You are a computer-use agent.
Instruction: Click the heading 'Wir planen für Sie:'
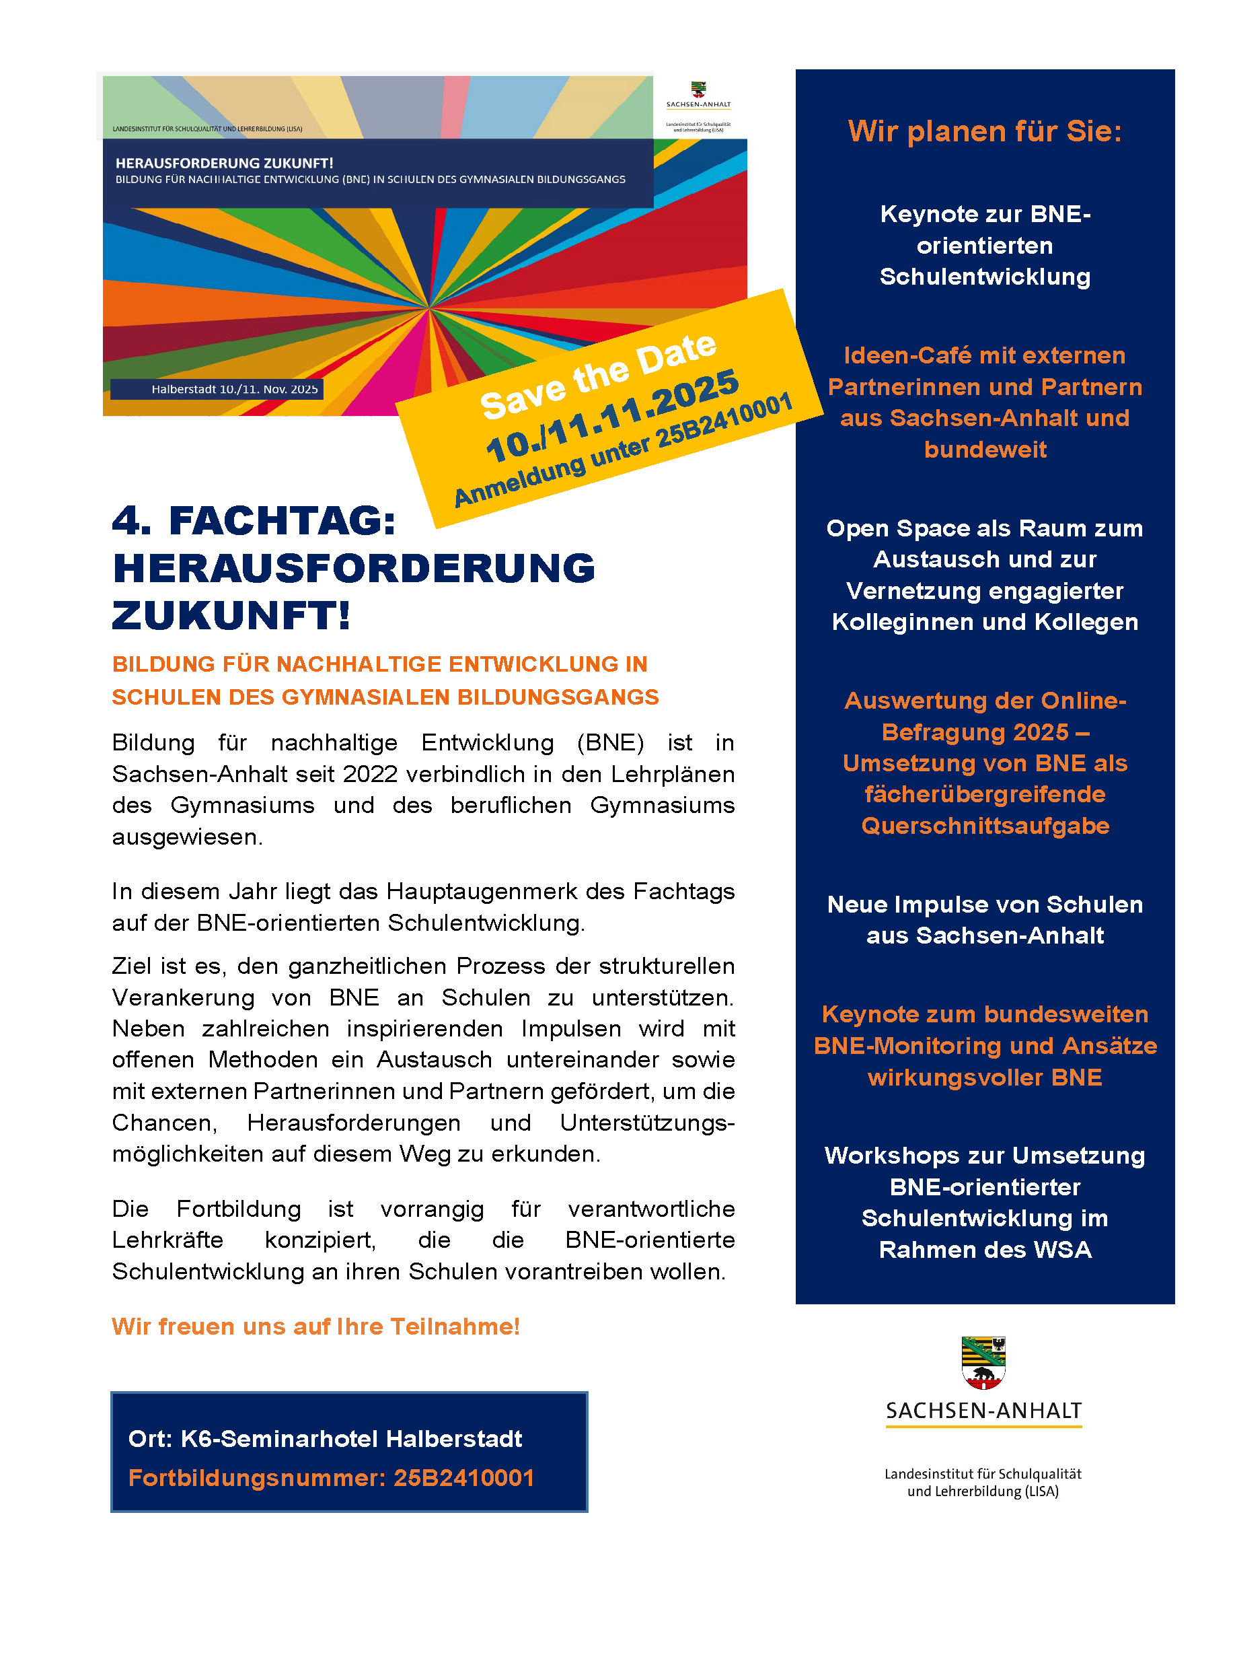pyautogui.click(x=985, y=132)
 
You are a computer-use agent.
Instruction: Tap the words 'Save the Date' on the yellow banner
pyautogui.click(x=598, y=376)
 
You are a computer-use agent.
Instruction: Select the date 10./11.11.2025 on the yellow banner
pyautogui.click(x=612, y=416)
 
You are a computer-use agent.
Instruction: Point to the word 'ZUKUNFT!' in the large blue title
pyautogui.click(x=231, y=616)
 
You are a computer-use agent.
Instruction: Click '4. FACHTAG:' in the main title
pyautogui.click(x=254, y=520)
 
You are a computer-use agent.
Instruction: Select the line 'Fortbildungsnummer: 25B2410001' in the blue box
pyautogui.click(x=331, y=1478)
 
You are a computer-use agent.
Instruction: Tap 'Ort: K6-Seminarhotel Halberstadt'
pyautogui.click(x=325, y=1439)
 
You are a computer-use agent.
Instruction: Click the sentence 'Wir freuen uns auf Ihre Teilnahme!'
pyautogui.click(x=315, y=1326)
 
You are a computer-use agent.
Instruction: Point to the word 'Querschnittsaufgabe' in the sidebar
pyautogui.click(x=985, y=826)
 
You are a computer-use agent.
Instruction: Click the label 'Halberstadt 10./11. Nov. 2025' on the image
pyautogui.click(x=234, y=389)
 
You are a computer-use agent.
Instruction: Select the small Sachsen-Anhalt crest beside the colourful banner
pyautogui.click(x=698, y=90)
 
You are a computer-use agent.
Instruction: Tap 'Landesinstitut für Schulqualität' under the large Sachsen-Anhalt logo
pyautogui.click(x=982, y=1474)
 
